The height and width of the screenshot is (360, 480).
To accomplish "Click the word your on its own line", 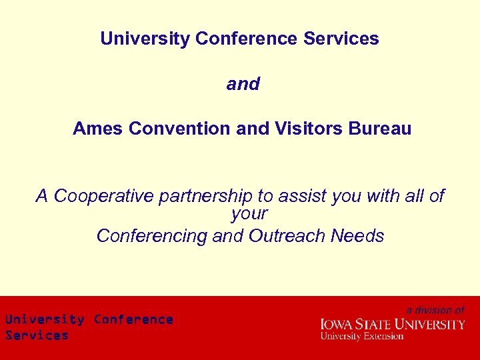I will point(249,214).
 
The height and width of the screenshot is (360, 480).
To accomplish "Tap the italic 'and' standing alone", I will point(243,84).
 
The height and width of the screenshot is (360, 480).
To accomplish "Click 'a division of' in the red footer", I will point(435,310).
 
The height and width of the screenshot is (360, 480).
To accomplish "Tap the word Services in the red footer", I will point(37,335).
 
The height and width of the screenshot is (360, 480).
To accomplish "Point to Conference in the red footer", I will point(133,319).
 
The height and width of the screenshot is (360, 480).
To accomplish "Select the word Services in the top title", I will point(341,39).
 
